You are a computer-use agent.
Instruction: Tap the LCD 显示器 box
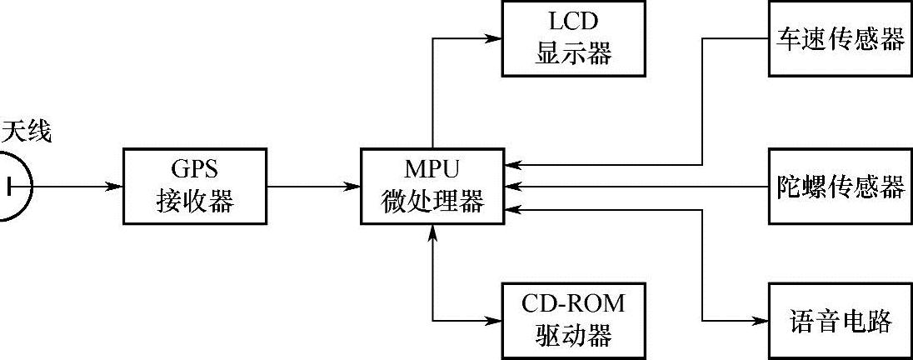pyautogui.click(x=573, y=37)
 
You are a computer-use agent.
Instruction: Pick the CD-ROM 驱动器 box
pyautogui.click(x=573, y=320)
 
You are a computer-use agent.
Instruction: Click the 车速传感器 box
pyautogui.click(x=840, y=38)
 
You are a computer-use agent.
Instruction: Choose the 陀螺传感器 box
pyautogui.click(x=840, y=187)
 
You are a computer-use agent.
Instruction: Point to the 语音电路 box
pyautogui.click(x=840, y=320)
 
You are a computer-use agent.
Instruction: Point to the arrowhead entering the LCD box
pyautogui.click(x=496, y=37)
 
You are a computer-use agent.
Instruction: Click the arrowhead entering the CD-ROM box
pyautogui.click(x=496, y=320)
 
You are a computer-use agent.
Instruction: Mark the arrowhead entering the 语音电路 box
pyautogui.click(x=761, y=320)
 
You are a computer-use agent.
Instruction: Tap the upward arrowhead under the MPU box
pyautogui.click(x=432, y=231)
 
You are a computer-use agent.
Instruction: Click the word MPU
pyautogui.click(x=432, y=169)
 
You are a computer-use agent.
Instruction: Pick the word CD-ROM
pyautogui.click(x=573, y=303)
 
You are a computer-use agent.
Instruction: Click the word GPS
pyautogui.click(x=194, y=169)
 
